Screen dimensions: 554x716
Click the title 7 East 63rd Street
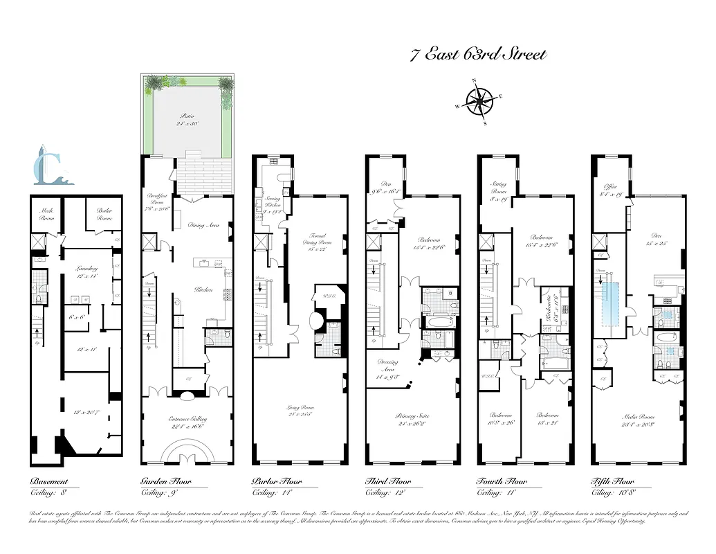[478, 55]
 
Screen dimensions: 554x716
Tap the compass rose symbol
[478, 102]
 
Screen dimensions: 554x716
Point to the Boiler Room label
[104, 214]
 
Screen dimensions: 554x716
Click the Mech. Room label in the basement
[46, 214]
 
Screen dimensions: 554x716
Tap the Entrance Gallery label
[187, 419]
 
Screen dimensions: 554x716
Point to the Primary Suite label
[412, 416]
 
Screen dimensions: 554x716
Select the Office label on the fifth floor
[610, 187]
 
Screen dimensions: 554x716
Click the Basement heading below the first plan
[49, 482]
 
